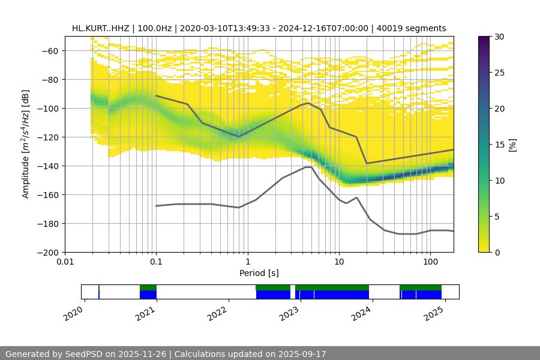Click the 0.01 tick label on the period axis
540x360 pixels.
[65, 262]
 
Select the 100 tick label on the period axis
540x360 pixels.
[430, 262]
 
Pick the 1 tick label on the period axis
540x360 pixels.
[247, 262]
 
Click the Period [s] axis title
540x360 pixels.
[259, 273]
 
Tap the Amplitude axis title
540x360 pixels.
[26, 144]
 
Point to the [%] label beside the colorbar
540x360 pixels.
[512, 145]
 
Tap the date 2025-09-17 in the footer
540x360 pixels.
[302, 354]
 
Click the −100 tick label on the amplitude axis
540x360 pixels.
[47, 108]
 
